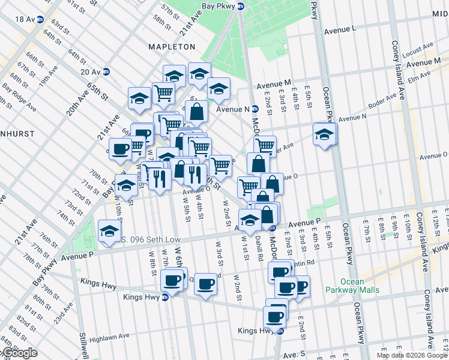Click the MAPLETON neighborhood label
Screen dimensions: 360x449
point(173,46)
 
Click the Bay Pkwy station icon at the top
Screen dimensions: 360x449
point(241,7)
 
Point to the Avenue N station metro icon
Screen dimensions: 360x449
point(255,109)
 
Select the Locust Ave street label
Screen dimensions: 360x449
point(418,47)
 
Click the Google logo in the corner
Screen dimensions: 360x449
point(20,353)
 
